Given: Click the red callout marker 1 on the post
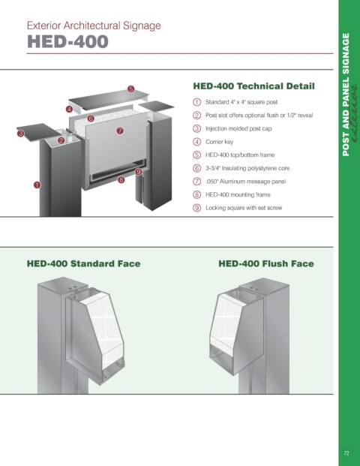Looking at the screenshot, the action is click(x=37, y=185).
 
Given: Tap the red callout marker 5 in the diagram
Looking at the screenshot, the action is click(x=131, y=89).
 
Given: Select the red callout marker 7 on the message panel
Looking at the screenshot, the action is click(x=120, y=131).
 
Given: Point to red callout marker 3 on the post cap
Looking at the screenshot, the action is click(x=20, y=134).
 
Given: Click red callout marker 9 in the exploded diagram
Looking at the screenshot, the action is click(x=139, y=172).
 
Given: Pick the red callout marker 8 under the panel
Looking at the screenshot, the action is click(x=121, y=179).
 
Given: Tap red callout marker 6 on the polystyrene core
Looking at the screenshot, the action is click(x=91, y=119).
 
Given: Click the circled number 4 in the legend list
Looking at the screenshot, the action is click(x=197, y=142).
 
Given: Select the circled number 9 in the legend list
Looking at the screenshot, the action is click(x=197, y=208).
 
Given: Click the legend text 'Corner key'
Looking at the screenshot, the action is click(x=220, y=142).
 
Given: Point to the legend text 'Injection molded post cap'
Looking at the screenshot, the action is click(x=238, y=128).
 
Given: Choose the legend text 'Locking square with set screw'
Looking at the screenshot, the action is click(x=244, y=208).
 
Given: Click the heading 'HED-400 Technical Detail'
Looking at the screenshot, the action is click(x=253, y=86).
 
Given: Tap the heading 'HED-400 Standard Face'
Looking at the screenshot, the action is click(x=83, y=263).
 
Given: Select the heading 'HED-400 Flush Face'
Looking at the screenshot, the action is click(x=266, y=263).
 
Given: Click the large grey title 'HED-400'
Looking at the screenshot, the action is click(x=67, y=41).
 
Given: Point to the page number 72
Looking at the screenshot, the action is click(x=346, y=453).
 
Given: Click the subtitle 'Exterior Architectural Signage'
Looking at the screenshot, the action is click(x=94, y=26).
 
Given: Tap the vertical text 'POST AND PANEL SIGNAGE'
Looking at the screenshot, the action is click(x=346, y=95).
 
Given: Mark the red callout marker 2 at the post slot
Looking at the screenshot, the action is click(x=61, y=140).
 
